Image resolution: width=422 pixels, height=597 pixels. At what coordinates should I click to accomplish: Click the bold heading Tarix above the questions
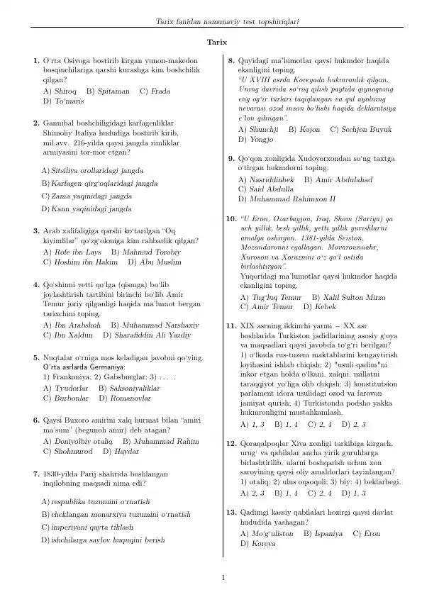click(x=216, y=43)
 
